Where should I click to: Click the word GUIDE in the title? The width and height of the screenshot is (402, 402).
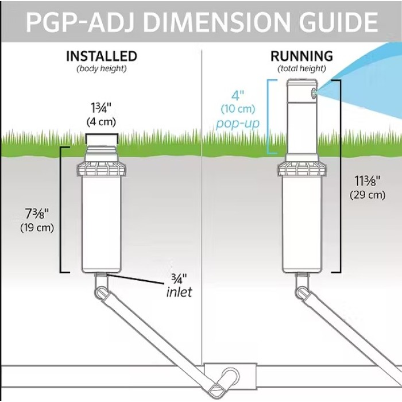point(338,22)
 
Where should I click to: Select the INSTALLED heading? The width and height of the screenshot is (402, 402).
point(102,56)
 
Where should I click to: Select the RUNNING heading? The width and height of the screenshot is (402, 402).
point(301,56)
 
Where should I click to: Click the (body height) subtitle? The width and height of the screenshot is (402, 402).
point(102,69)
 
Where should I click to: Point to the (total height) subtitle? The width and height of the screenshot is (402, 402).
point(301,69)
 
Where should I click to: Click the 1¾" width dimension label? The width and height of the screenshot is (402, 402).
point(101,109)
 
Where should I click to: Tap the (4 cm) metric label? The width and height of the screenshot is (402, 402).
point(101,122)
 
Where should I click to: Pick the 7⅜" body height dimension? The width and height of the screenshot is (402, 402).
point(37,214)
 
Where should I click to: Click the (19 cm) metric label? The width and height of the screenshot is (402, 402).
point(37,227)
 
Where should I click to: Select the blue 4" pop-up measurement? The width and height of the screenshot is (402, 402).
point(238,96)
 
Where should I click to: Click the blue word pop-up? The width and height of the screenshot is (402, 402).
point(238,124)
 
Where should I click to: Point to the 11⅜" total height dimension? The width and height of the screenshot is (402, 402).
point(368,181)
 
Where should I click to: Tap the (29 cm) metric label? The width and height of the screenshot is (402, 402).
point(368,195)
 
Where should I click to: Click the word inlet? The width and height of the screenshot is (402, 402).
point(179,292)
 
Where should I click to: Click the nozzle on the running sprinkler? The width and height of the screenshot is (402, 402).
point(314,92)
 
